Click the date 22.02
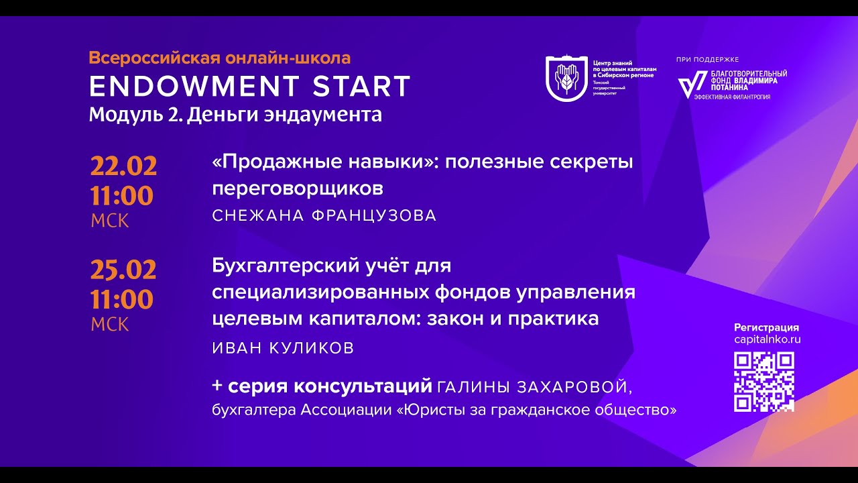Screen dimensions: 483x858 coord(123,166)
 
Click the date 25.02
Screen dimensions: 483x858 coord(123,270)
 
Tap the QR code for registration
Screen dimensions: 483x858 coord(764,382)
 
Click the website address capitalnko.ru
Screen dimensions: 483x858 coord(767,339)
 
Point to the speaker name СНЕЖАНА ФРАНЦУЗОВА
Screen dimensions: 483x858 coord(324,215)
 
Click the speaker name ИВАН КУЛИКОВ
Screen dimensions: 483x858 coord(283,348)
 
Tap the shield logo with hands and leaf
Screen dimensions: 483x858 coord(566,78)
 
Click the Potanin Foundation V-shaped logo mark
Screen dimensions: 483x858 coord(688,85)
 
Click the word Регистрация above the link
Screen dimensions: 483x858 coord(767,327)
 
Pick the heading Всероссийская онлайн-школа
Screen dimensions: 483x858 coord(220,58)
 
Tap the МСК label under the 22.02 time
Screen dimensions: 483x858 coord(110,221)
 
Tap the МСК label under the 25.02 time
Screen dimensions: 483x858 coord(110,324)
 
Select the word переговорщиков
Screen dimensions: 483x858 coord(298,189)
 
